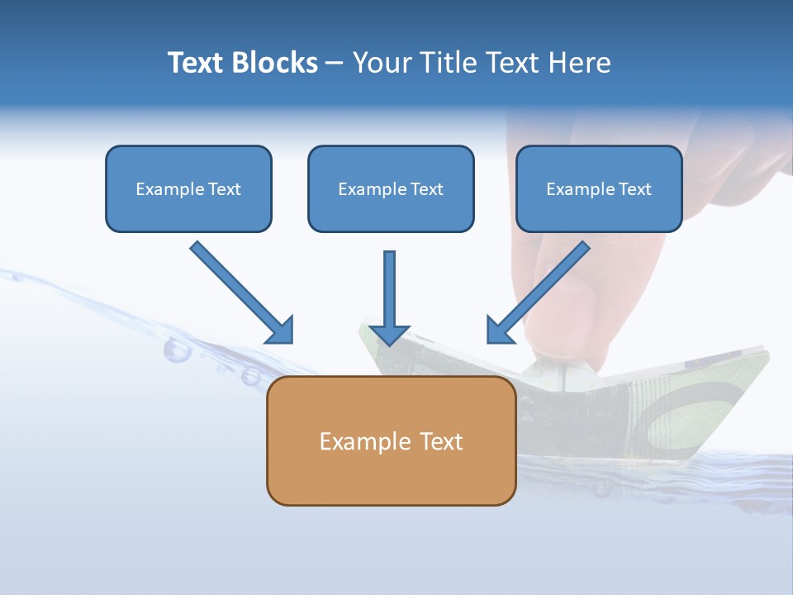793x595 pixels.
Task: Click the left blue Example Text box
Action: point(188,189)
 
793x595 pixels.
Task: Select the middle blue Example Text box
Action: point(391,189)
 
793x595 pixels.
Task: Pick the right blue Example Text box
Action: point(599,189)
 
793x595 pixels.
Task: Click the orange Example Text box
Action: point(391,441)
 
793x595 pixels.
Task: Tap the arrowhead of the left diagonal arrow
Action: point(281,331)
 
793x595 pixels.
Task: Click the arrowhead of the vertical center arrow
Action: point(389,335)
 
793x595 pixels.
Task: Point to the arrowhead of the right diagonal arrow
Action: point(499,331)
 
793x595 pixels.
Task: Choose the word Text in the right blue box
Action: point(634,189)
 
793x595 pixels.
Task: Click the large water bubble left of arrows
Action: point(177,350)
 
